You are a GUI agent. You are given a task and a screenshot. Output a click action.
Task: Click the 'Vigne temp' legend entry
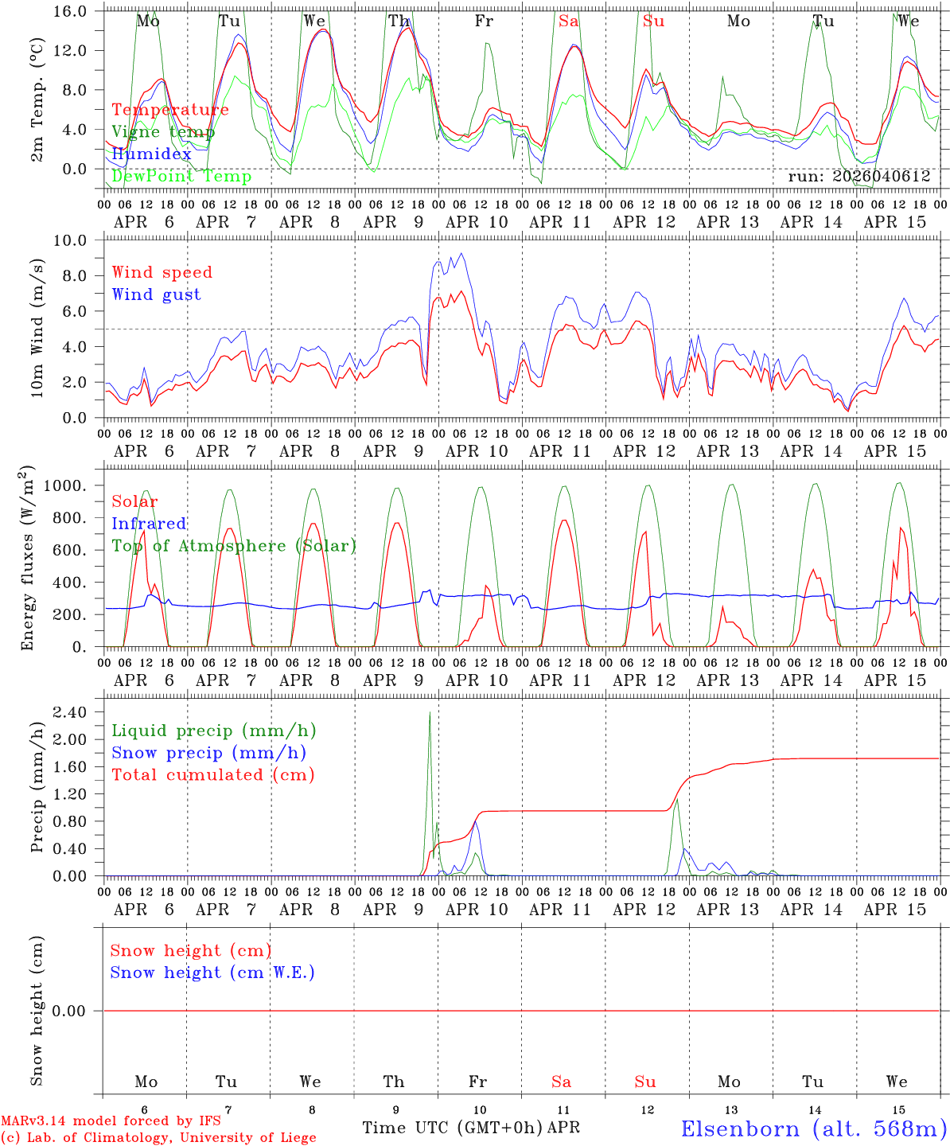tap(163, 132)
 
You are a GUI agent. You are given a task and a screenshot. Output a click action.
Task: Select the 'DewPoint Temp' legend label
tap(181, 177)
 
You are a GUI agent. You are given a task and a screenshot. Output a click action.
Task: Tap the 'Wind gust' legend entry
tap(156, 294)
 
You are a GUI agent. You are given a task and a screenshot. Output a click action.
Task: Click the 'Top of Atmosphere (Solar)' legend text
tap(234, 546)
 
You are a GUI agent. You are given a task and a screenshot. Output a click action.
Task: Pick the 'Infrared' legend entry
tap(149, 524)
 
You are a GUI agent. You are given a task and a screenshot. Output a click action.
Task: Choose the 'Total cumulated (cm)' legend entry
tap(212, 775)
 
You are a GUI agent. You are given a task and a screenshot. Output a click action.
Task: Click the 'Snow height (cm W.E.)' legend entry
tap(212, 973)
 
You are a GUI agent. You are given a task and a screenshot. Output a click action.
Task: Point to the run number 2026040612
tap(859, 177)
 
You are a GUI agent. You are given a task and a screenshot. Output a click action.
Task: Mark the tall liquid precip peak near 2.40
tap(430, 713)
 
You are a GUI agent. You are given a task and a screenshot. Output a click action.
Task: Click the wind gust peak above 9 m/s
tap(461, 254)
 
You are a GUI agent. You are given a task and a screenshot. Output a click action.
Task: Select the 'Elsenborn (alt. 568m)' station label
tap(813, 1128)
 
